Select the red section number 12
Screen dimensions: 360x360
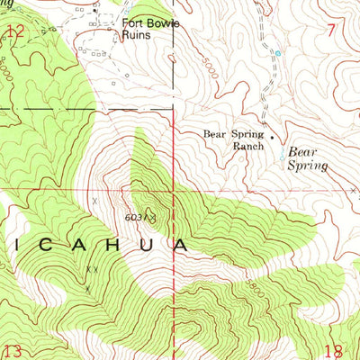pyautogui.click(x=14, y=32)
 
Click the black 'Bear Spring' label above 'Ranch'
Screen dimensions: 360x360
pyautogui.click(x=232, y=134)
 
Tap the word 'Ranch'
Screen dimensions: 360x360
pyautogui.click(x=248, y=145)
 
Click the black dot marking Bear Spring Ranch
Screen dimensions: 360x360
pyautogui.click(x=273, y=138)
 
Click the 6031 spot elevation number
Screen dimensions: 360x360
pyautogui.click(x=136, y=217)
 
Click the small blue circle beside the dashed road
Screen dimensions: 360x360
pyautogui.click(x=278, y=53)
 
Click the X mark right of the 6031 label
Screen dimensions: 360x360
pyautogui.click(x=155, y=217)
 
